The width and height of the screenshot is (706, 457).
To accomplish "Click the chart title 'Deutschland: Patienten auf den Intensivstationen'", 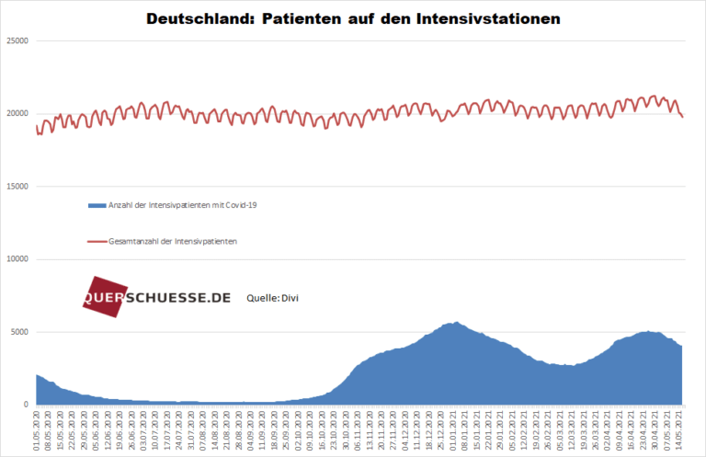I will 353,18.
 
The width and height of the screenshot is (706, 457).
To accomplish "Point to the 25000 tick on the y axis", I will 17,41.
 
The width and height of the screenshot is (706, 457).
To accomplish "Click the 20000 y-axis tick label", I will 17,114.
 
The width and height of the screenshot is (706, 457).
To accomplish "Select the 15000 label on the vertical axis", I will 17,187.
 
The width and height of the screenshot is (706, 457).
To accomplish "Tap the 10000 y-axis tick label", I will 17,259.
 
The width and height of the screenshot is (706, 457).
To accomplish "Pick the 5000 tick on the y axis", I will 19,332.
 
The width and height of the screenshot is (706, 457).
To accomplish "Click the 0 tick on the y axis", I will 27,405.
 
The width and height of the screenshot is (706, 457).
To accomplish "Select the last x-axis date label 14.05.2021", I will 680,430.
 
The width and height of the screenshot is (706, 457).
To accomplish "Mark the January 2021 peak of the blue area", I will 455,323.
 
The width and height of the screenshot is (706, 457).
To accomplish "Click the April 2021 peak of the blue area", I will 647,331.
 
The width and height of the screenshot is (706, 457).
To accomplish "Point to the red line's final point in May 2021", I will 682,117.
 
